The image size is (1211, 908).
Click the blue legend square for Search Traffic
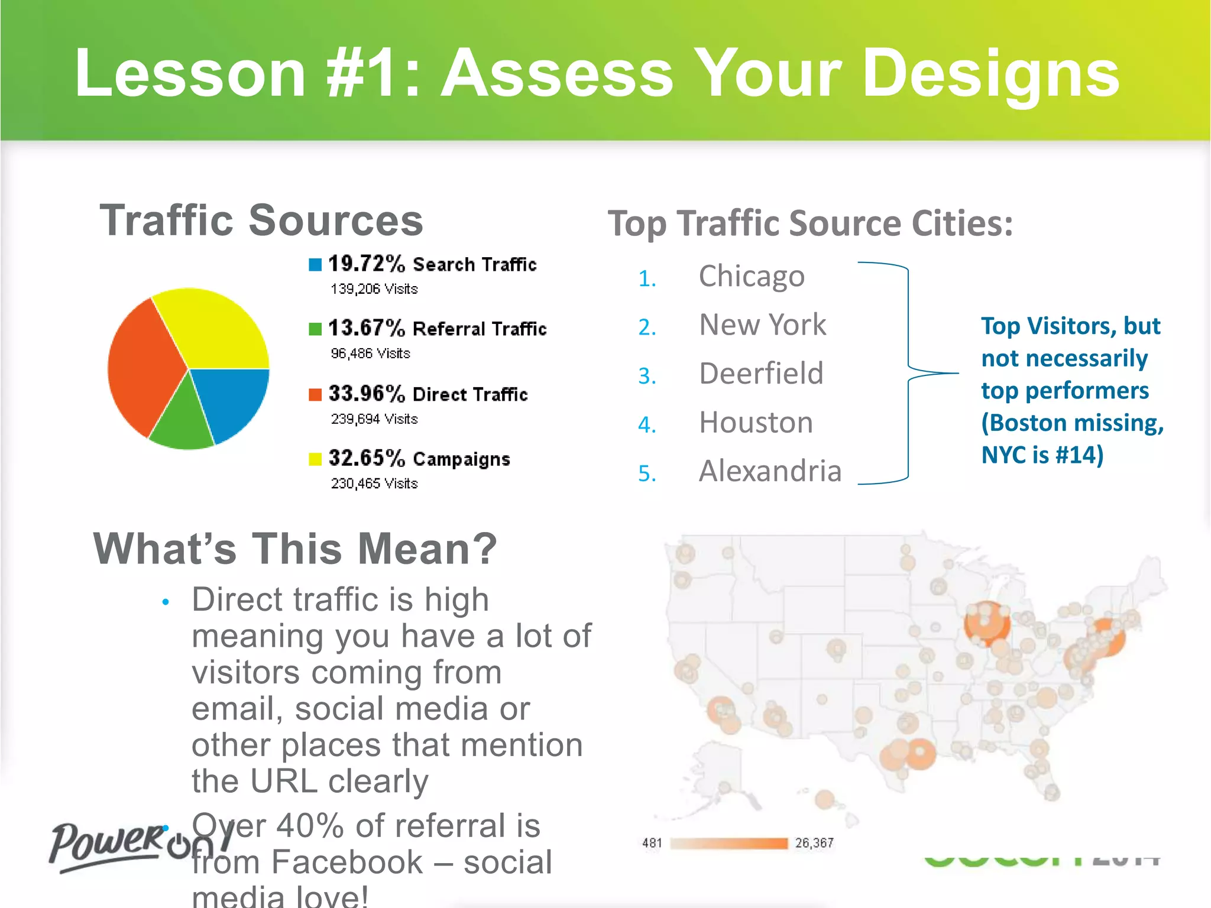click(315, 264)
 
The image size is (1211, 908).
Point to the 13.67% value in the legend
click(367, 328)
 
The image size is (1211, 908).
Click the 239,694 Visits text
click(374, 419)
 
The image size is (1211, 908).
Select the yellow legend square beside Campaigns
click(315, 459)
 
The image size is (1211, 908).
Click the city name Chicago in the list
click(752, 277)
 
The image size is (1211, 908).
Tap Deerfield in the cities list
click(761, 374)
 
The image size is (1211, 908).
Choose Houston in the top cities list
click(756, 423)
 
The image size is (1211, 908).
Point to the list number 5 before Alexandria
click(647, 474)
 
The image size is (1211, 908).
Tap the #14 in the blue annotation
click(1076, 455)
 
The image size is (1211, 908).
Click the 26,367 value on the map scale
click(814, 843)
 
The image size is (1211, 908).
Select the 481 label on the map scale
click(652, 843)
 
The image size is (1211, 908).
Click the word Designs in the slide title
click(990, 74)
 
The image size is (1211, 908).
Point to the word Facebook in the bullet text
click(347, 862)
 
